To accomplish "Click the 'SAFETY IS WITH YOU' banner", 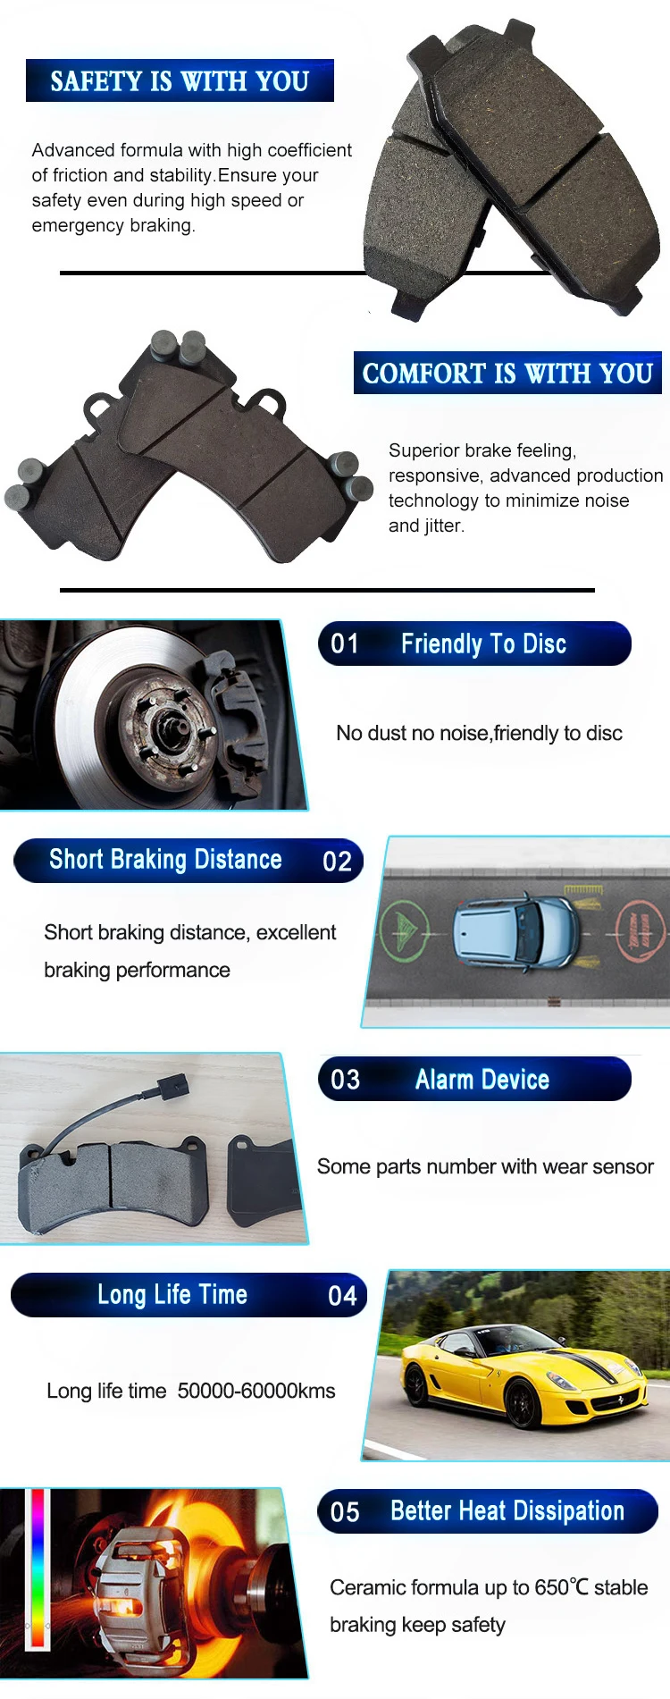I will coord(180,80).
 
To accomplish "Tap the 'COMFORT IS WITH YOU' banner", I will coord(507,373).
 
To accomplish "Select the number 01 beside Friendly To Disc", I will coord(345,643).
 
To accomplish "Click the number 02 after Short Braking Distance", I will coord(337,861).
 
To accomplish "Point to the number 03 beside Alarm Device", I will coord(345,1080).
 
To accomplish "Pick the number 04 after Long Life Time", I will coord(342,1296).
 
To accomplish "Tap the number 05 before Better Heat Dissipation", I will coord(345,1512).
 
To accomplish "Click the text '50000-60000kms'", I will coord(256,1391).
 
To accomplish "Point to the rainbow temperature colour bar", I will coord(38,1569).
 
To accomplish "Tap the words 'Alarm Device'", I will coord(482,1080).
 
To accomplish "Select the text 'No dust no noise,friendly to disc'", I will coord(479,733).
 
